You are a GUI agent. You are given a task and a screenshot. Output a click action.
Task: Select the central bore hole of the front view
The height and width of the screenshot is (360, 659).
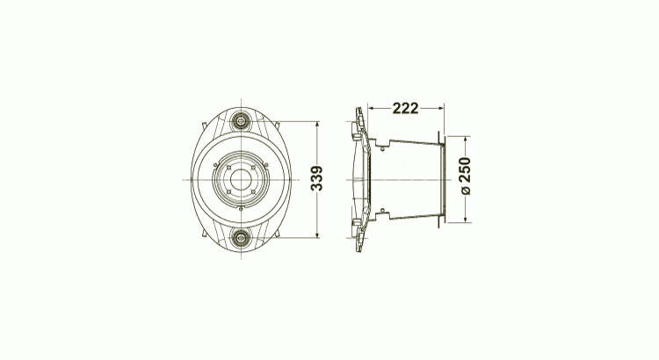[x=238, y=179]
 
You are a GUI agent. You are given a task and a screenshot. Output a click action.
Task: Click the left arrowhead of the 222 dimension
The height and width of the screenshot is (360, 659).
[x=371, y=108]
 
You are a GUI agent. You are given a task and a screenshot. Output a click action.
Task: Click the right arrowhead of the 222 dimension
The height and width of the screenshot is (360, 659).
[x=443, y=108]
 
